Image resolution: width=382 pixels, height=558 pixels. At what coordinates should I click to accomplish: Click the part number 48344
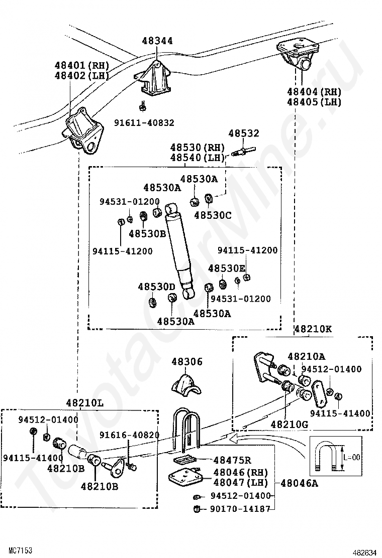point(157,41)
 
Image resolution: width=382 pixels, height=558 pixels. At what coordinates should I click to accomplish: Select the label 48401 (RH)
point(81,65)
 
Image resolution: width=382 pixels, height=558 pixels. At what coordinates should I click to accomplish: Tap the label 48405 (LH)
point(314,102)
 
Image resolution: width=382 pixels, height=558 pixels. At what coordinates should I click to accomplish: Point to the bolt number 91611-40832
point(144,123)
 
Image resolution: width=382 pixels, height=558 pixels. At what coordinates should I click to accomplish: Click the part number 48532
point(244,133)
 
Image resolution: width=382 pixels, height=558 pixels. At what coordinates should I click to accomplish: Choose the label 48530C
point(213,215)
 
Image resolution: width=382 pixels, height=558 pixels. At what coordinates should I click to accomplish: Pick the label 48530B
point(148,234)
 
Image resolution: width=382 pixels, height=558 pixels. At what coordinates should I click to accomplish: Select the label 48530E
point(227,268)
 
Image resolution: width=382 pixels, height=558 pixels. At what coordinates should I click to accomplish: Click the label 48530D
point(157,287)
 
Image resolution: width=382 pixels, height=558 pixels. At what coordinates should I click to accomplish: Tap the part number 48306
point(186,362)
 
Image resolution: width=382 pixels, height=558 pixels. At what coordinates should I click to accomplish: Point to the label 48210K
point(313,329)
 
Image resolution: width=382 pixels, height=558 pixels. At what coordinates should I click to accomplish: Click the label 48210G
point(290,424)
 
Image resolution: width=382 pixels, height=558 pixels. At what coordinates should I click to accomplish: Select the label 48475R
point(232,460)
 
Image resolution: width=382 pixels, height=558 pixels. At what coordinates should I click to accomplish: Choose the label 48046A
point(300,483)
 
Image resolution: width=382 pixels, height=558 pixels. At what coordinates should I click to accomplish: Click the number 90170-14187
point(240,509)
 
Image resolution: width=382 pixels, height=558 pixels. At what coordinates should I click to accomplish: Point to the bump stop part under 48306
point(186,387)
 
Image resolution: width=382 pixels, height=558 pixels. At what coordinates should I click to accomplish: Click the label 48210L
point(85,403)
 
